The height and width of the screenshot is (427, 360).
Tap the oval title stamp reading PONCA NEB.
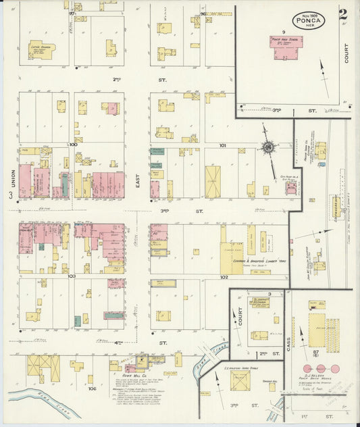(309, 19)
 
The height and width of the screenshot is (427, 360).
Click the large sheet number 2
(344, 14)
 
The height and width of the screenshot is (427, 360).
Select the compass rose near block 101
(268, 147)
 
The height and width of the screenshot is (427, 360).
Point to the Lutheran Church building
(42, 49)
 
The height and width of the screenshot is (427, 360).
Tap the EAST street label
(138, 178)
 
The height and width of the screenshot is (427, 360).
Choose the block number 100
(73, 144)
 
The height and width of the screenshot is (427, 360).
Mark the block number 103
(72, 276)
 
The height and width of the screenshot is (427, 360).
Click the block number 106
(92, 389)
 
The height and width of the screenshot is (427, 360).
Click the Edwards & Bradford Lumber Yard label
(255, 261)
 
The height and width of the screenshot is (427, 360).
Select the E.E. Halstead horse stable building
(240, 381)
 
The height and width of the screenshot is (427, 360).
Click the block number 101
(222, 145)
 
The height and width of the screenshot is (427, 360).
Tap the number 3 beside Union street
(10, 196)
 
